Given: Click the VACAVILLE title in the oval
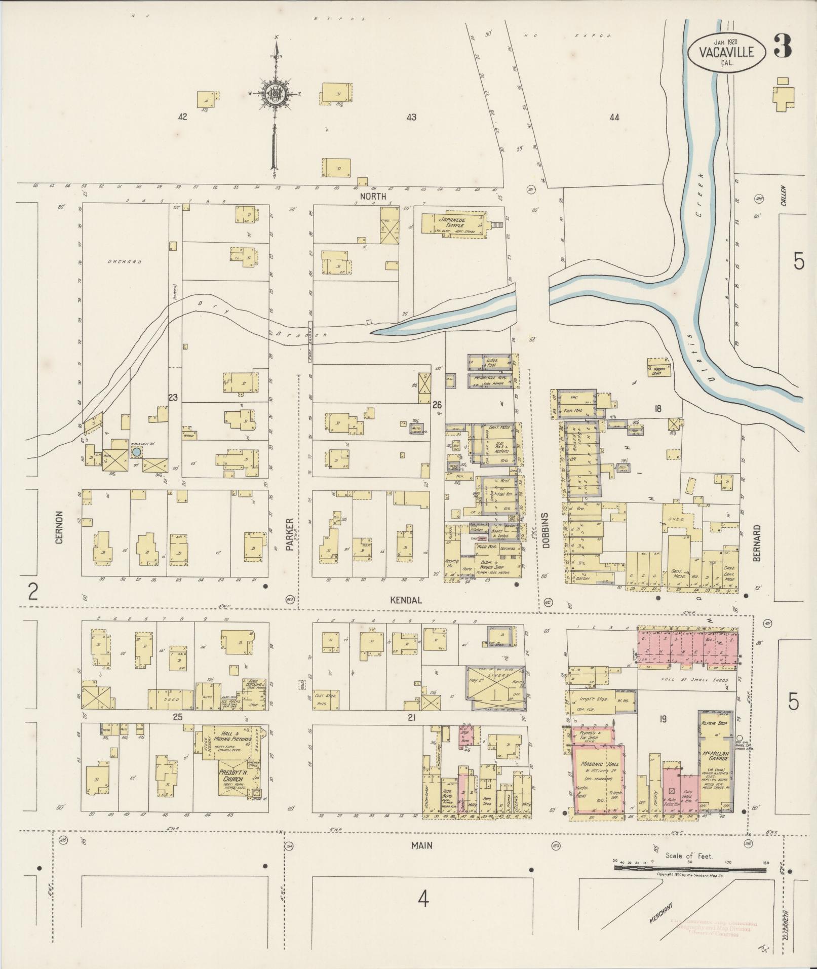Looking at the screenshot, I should point(726,52).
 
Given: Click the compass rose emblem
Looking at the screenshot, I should point(276,94).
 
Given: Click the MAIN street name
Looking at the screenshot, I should point(422,845).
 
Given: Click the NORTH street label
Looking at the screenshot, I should point(373,196).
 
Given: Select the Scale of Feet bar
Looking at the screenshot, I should point(691,868).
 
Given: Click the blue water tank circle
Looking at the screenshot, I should point(136,451).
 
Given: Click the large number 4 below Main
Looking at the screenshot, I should point(423,900).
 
